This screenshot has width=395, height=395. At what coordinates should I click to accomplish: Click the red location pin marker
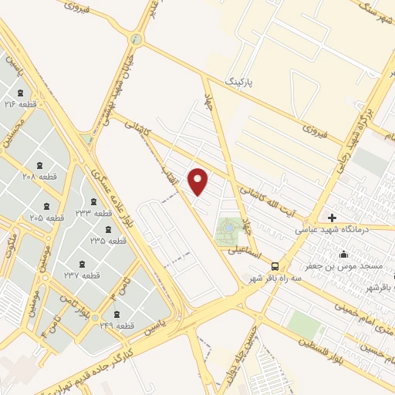(199, 181)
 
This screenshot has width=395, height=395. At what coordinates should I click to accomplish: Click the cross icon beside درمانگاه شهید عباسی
(332, 218)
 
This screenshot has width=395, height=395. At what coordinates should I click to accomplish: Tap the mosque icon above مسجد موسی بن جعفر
(343, 254)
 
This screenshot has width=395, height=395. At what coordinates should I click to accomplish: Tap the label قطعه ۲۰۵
(47, 218)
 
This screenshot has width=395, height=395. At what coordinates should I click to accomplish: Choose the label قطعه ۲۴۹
(117, 326)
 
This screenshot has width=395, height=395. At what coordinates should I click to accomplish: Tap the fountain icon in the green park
(228, 228)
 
